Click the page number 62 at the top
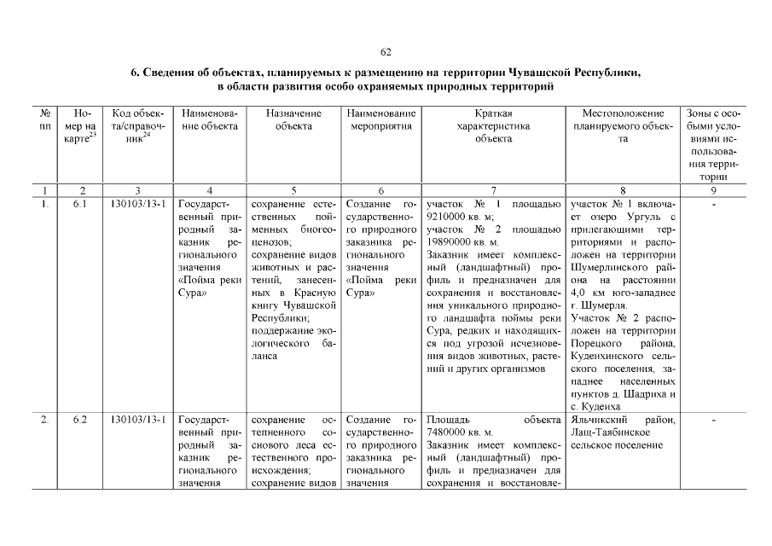386,53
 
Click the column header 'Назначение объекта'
293,119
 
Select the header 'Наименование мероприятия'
381,119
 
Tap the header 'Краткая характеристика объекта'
494,125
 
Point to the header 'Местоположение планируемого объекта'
624,125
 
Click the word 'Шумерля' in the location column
604,305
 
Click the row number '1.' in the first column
44,205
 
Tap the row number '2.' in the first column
44,420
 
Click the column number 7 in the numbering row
494,190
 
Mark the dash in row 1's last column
713,205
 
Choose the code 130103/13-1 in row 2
137,420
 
